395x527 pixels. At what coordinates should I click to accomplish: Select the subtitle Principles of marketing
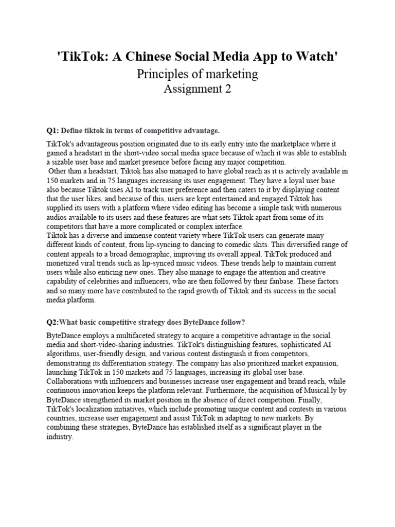[x=197, y=74]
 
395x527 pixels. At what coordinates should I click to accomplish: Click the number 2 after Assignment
[x=227, y=89]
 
